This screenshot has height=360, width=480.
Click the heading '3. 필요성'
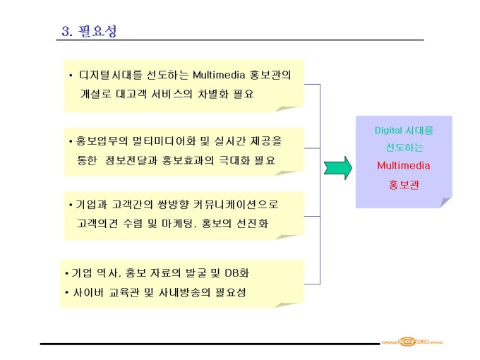click(x=89, y=31)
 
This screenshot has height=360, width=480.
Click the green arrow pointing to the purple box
click(x=338, y=168)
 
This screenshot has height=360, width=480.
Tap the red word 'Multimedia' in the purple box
click(x=404, y=166)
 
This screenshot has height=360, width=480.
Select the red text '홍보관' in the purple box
click(x=404, y=185)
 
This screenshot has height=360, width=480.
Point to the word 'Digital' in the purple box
click(x=388, y=131)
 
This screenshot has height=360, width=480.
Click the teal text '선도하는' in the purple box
click(x=404, y=148)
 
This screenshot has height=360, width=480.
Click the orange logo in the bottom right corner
click(x=412, y=342)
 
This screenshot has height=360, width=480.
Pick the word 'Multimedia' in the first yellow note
click(x=219, y=75)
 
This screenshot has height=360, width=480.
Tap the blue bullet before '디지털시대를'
click(x=71, y=75)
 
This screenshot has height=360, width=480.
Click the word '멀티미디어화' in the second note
click(x=164, y=140)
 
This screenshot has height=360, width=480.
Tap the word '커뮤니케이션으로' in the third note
click(x=236, y=204)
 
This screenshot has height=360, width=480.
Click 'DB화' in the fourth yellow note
click(x=237, y=272)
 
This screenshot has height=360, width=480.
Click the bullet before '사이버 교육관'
click(x=67, y=292)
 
